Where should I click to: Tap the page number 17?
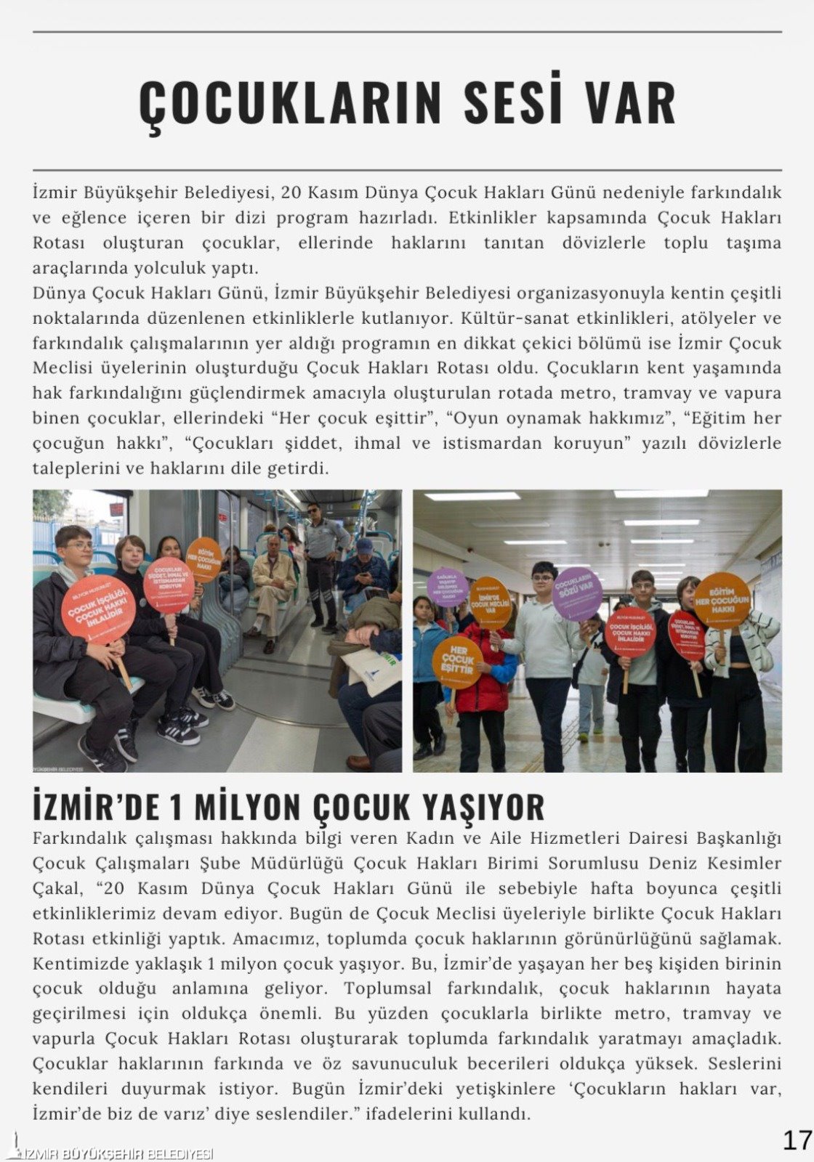point(797,1140)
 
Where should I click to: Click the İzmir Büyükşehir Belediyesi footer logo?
point(109,1154)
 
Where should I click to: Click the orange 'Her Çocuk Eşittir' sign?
point(457,661)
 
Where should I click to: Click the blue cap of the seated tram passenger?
point(364,545)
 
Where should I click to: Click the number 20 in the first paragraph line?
point(290,192)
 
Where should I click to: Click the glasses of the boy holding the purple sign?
point(543,579)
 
